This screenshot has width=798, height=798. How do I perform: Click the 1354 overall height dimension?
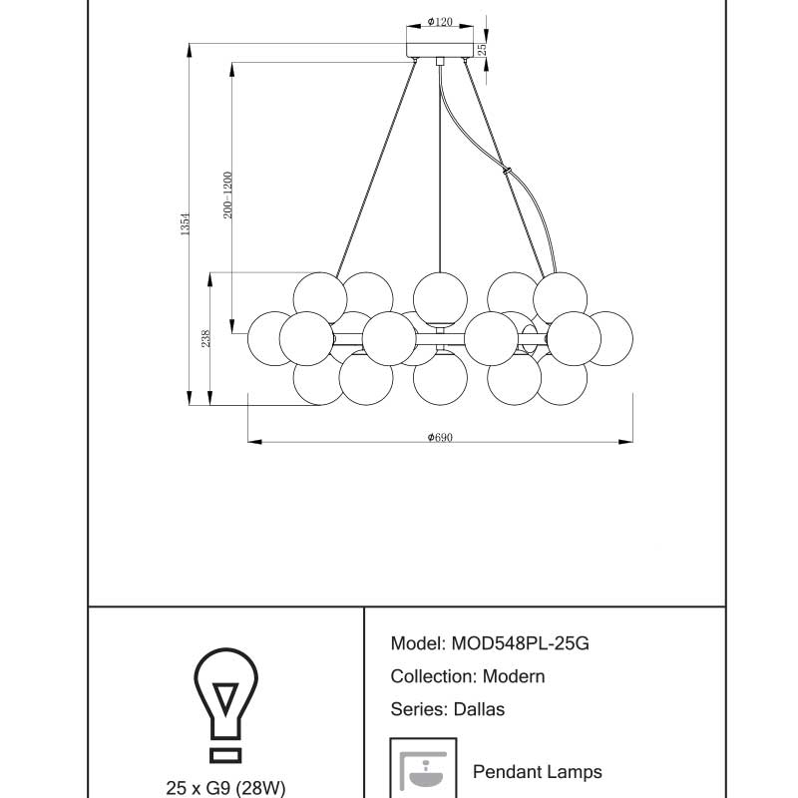(185, 225)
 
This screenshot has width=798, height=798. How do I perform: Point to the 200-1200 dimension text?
(228, 196)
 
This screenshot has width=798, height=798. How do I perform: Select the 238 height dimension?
(205, 339)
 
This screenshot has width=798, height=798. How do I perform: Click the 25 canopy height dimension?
(481, 48)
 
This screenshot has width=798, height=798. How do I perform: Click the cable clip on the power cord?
(509, 172)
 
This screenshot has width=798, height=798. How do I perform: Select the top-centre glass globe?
(440, 296)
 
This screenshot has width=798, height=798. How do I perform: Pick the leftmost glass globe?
(270, 336)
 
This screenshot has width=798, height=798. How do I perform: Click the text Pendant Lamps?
(537, 771)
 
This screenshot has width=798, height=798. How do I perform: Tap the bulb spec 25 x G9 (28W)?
(225, 788)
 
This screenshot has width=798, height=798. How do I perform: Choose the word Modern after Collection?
(514, 676)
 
